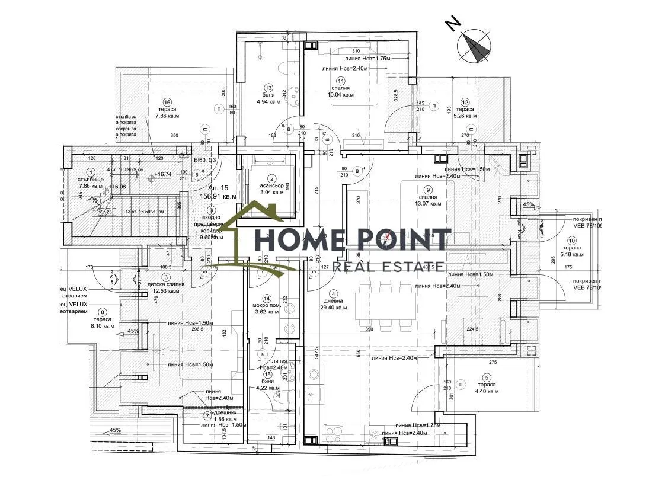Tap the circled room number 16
[x=168, y=101]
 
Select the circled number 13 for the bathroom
[x=268, y=87]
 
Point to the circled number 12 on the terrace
[x=465, y=101]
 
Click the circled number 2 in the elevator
[x=272, y=178]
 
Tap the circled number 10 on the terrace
[x=571, y=241]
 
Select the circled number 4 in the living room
[x=334, y=294]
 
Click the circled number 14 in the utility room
[x=267, y=298]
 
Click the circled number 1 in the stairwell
[x=91, y=172]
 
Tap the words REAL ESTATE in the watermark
[x=388, y=267]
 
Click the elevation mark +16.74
[x=162, y=175]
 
